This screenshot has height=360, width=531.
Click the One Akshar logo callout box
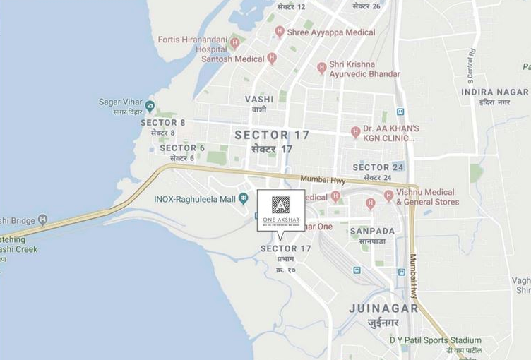(x=281, y=210)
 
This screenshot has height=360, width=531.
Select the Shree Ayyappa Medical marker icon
(x=280, y=31)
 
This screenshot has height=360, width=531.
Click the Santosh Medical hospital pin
(x=272, y=59)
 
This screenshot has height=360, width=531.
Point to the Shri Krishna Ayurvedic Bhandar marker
(x=322, y=68)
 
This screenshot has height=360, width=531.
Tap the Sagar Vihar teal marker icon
(x=150, y=107)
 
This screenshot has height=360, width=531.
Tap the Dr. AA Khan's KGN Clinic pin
(x=356, y=132)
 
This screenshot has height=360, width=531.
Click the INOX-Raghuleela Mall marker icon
(x=244, y=199)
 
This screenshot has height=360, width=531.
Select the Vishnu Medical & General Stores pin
(x=388, y=196)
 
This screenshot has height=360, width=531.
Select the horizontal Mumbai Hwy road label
(x=321, y=180)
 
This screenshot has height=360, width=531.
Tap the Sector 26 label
(x=366, y=6)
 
